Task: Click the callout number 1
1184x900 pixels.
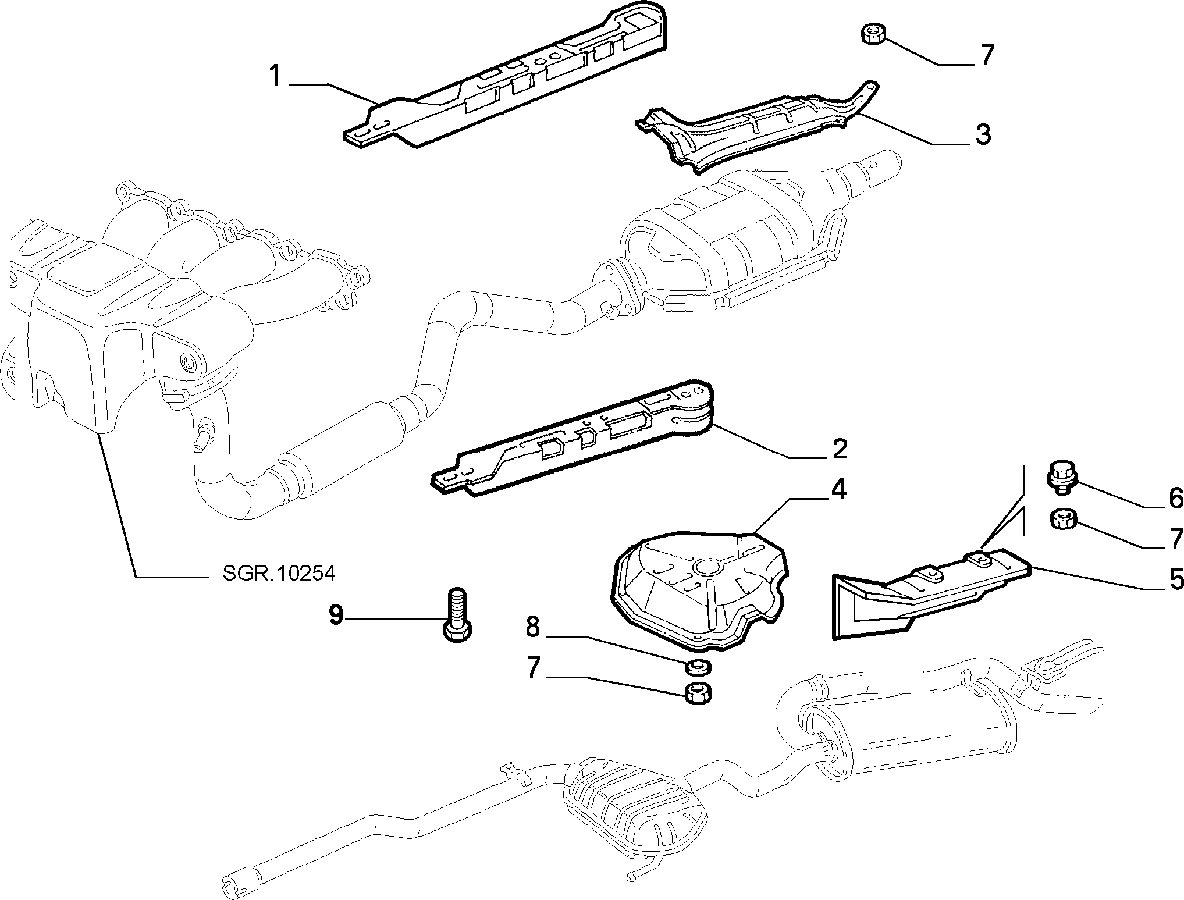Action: pyautogui.click(x=276, y=77)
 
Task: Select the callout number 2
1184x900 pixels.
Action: pyautogui.click(x=839, y=449)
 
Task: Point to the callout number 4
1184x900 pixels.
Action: pyautogui.click(x=838, y=489)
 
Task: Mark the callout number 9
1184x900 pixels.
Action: pyautogui.click(x=336, y=615)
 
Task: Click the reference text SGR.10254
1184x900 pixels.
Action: pyautogui.click(x=279, y=574)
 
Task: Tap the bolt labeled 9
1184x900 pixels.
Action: pyautogui.click(x=458, y=614)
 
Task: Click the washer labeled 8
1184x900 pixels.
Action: pyautogui.click(x=696, y=667)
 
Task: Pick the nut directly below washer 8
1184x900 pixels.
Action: pyautogui.click(x=698, y=693)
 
